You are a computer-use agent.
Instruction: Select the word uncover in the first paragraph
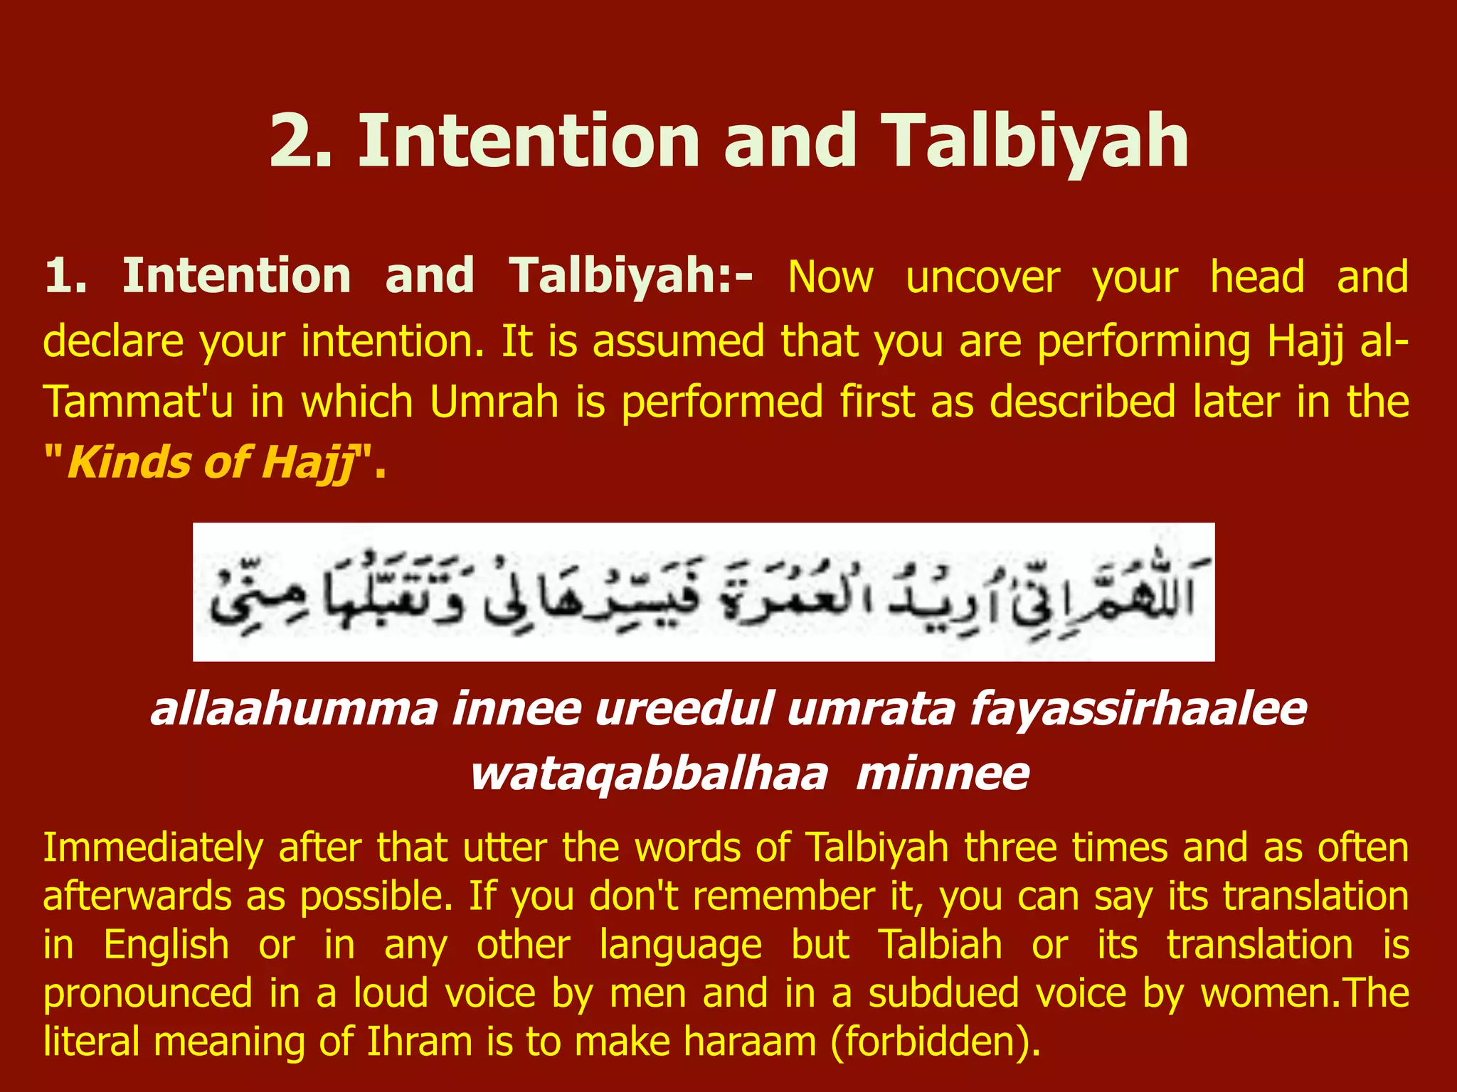pos(983,277)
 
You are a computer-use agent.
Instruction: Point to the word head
pos(1257,277)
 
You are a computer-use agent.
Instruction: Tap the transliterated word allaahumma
pos(294,710)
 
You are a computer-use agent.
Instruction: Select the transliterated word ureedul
pos(684,710)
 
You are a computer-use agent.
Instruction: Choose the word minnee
pos(943,774)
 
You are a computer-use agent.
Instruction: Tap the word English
pos(166,946)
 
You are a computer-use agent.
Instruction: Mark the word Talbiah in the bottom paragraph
pos(940,946)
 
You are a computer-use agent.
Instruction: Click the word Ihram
pos(420,1042)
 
